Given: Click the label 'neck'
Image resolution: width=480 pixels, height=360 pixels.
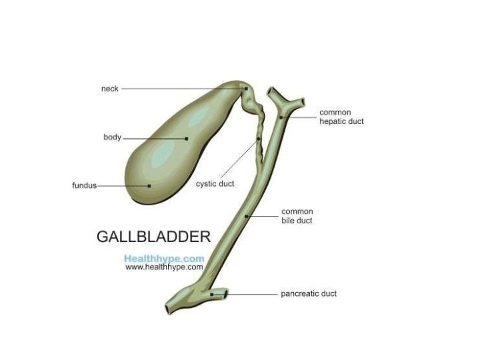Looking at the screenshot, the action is coord(110,88).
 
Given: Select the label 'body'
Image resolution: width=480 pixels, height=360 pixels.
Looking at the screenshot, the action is coord(112,137).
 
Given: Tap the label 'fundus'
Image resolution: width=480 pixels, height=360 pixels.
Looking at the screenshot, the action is coord(84,185).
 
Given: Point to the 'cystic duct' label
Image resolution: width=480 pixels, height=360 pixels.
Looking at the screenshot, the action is coord(215,184).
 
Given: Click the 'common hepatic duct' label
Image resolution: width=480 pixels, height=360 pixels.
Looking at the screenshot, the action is coord(341,117).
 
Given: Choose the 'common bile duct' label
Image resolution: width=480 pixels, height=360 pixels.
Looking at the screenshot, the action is coord(297,215).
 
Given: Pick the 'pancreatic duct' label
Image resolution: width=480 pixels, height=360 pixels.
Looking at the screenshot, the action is coord(308,293).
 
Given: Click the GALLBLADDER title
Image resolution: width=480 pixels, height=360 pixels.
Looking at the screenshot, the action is coord(153,237).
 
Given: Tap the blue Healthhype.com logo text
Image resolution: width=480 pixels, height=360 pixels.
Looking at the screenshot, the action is coord(164,257).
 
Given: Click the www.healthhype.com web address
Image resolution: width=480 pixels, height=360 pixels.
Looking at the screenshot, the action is coord(164,267).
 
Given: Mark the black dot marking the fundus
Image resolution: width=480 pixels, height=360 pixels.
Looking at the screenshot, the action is coord(149,185).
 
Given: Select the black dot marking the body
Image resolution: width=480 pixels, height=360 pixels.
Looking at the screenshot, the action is coord(187,138).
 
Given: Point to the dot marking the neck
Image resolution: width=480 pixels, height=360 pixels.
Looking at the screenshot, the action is coord(246,88).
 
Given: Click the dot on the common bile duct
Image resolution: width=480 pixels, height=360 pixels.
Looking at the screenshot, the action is coord(247,216).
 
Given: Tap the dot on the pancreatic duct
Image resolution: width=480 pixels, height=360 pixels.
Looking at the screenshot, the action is coord(212,293).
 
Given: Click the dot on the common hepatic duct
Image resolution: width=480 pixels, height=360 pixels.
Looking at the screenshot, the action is coord(281,117).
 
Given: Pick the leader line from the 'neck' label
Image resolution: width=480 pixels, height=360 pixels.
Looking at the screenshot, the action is coord(180,88).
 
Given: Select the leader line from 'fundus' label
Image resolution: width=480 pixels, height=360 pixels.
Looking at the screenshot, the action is coord(123,185).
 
